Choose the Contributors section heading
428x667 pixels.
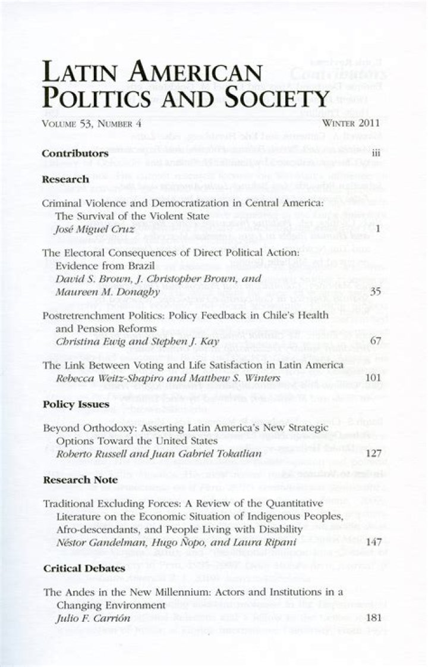pos(75,153)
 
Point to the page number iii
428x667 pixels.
pos(374,153)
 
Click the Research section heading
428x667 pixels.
pos(65,179)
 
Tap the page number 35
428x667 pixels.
pos(374,292)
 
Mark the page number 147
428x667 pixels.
pos(372,543)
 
